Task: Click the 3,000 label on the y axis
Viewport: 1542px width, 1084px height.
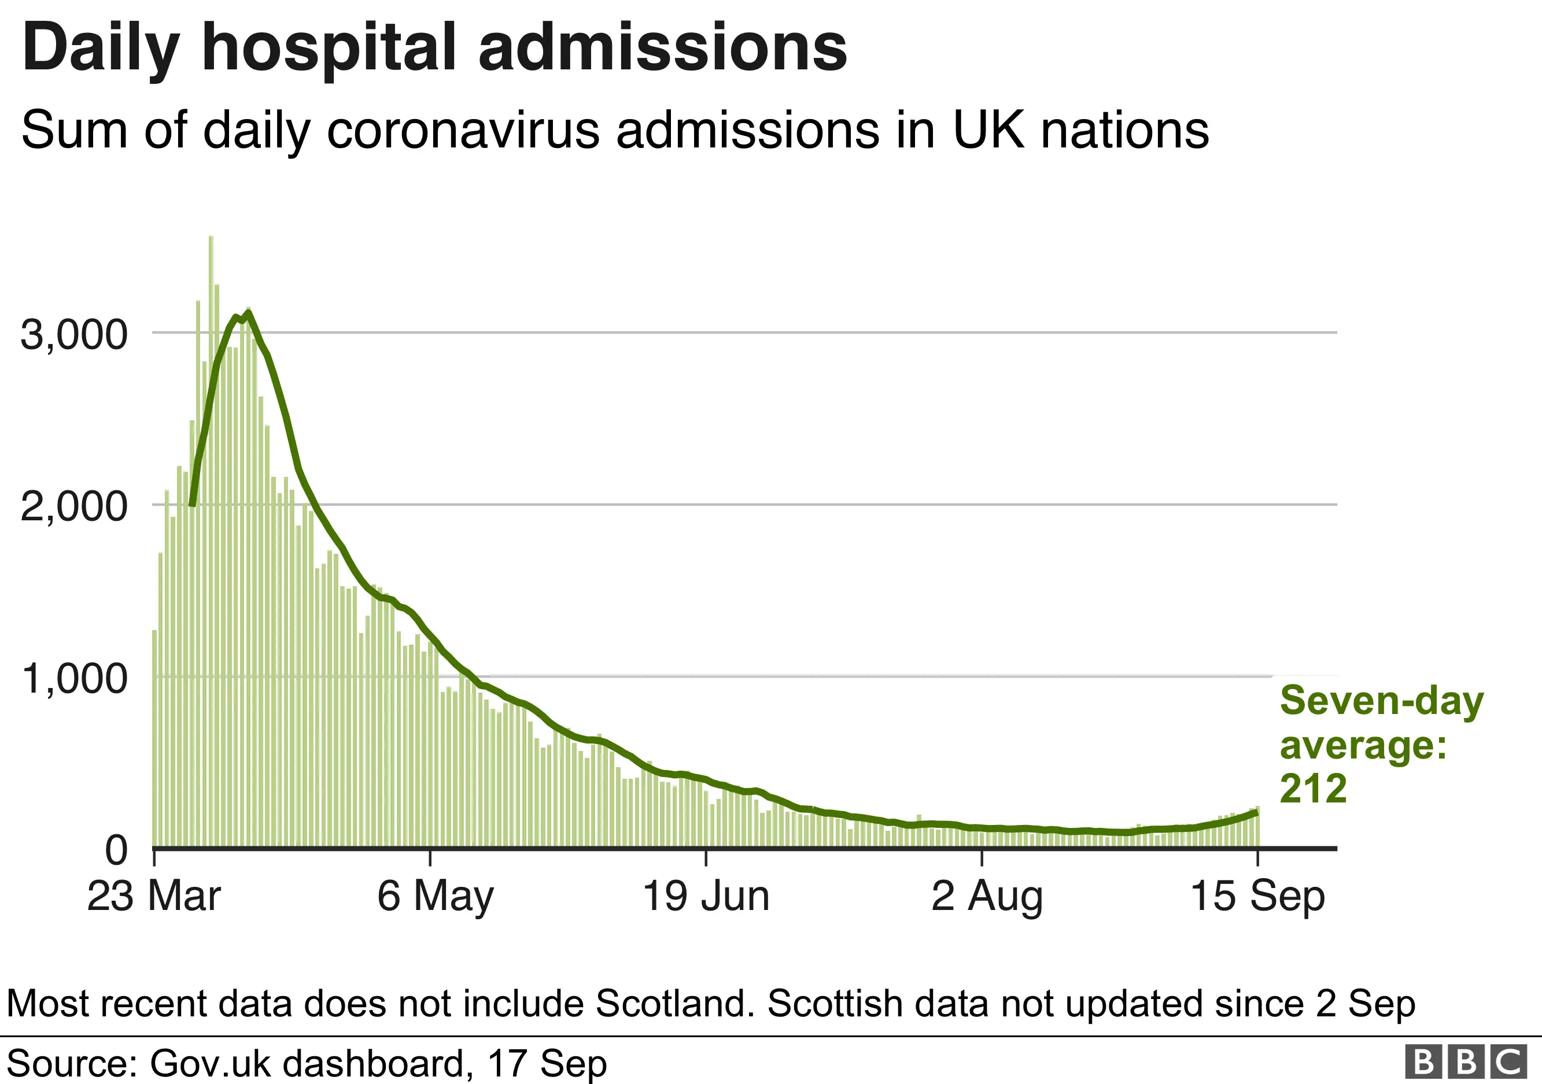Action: (74, 334)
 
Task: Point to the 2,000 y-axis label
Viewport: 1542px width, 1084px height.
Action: (74, 507)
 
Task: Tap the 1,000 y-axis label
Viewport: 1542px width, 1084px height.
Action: (74, 679)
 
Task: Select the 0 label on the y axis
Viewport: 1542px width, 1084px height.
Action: (116, 850)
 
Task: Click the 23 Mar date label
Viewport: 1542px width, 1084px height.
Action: (154, 896)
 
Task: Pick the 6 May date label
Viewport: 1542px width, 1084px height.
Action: (435, 896)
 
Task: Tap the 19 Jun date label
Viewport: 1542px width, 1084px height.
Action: (706, 896)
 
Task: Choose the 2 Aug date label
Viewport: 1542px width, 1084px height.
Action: (987, 896)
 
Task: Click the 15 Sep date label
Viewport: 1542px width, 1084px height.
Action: (1257, 896)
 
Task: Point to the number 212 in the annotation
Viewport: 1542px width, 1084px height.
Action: (1313, 789)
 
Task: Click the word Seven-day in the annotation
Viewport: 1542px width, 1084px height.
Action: (1381, 701)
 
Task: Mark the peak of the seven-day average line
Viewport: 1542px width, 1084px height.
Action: (249, 313)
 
